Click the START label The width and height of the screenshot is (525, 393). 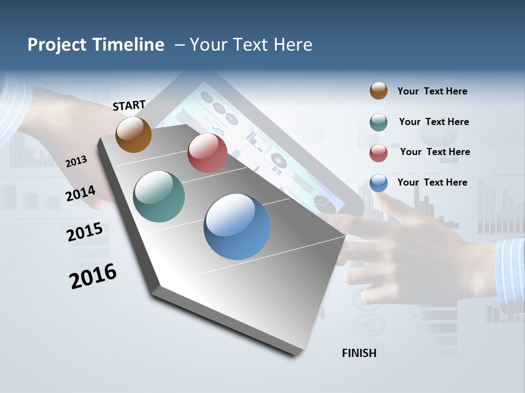(x=129, y=105)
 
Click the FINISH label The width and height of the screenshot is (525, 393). (x=359, y=353)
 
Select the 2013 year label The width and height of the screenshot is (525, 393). (x=77, y=161)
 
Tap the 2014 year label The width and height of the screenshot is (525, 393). (x=81, y=194)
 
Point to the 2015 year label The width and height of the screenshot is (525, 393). (x=85, y=232)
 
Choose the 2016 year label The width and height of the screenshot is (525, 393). (x=93, y=276)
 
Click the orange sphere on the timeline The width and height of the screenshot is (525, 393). (x=134, y=134)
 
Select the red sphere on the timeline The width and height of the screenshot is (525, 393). (x=207, y=152)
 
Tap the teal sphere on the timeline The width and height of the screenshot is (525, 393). (x=159, y=196)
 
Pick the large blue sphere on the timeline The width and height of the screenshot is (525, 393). (x=237, y=227)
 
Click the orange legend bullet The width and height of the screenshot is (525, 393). (x=378, y=91)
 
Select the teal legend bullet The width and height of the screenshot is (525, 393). (x=378, y=122)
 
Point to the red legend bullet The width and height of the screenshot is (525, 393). (x=378, y=153)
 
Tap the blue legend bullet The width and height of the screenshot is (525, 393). (x=378, y=183)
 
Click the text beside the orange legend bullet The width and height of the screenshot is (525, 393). (x=432, y=91)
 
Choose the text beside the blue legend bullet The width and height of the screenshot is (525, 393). (x=432, y=182)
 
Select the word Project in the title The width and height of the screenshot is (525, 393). (x=57, y=45)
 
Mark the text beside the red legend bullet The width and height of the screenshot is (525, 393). (x=435, y=152)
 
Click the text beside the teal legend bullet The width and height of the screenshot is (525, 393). (x=434, y=122)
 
